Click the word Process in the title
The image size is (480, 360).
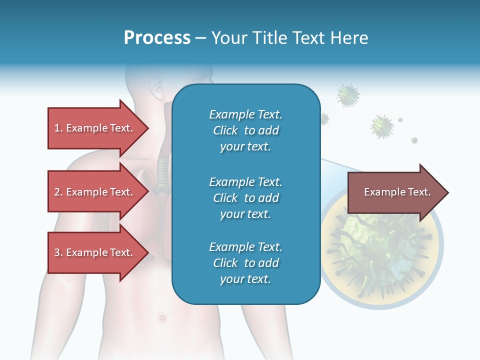[x=157, y=37]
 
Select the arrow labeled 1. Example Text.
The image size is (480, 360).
[x=95, y=128]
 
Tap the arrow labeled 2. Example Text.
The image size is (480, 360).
[x=95, y=192]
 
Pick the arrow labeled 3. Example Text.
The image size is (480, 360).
[x=95, y=252]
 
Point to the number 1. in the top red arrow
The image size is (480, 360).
[x=58, y=128]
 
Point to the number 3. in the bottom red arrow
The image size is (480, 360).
[x=58, y=252]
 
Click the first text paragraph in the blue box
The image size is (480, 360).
[x=245, y=130]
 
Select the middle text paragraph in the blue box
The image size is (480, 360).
[x=245, y=198]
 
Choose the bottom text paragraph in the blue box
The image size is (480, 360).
[x=245, y=263]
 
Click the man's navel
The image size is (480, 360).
[x=161, y=317]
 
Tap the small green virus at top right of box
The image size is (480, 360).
[x=348, y=95]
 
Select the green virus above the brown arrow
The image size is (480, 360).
[x=382, y=126]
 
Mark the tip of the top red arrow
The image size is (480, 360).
[x=148, y=128]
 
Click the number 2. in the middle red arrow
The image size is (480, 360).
[x=58, y=192]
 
